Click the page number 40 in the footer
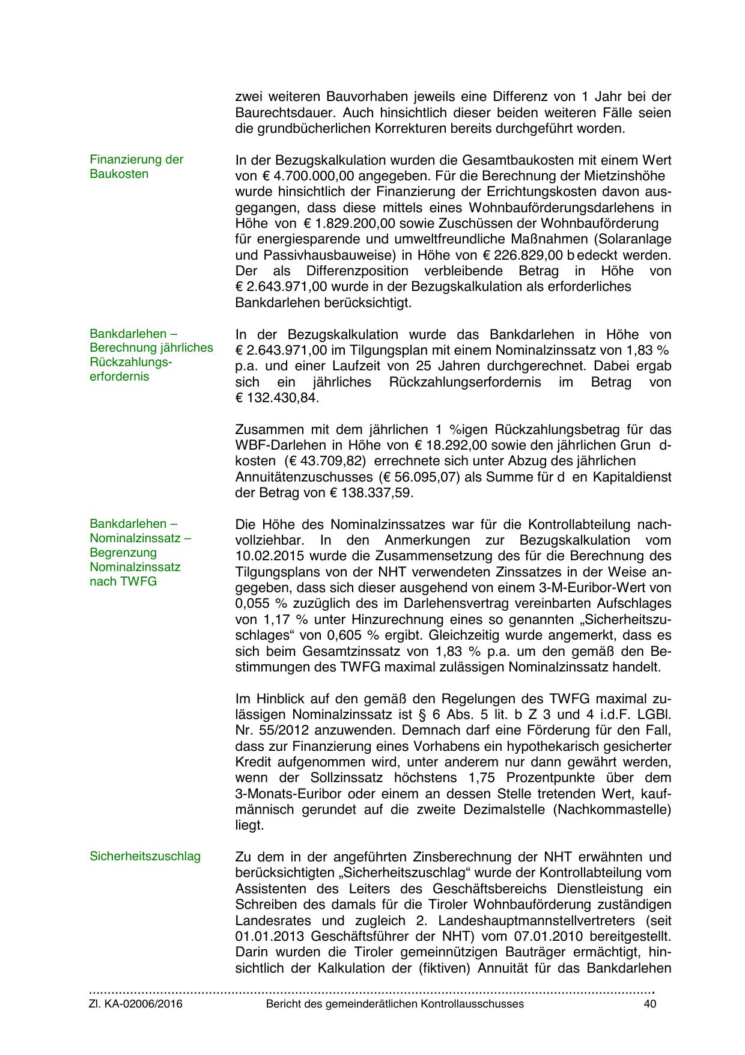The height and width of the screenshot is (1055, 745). pos(649,1004)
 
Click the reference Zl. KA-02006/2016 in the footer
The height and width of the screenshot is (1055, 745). pos(136,1004)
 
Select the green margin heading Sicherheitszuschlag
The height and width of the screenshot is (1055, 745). pos(145,856)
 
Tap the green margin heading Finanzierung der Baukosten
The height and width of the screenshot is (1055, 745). pos(136,167)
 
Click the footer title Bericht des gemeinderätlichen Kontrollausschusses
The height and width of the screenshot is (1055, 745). pos(395,1004)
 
